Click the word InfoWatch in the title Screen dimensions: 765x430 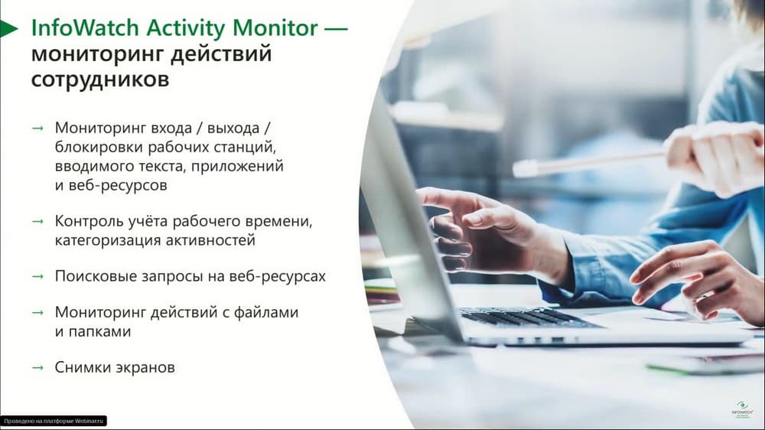[x=85, y=28]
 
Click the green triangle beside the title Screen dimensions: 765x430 [x=8, y=29]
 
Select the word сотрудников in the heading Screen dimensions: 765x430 [x=100, y=80]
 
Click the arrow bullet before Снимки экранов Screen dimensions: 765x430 [x=37, y=367]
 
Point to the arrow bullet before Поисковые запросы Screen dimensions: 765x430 [x=37, y=276]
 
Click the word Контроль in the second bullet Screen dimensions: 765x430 [x=90, y=221]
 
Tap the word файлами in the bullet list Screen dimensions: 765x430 [x=266, y=312]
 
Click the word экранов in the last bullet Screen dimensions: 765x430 [x=145, y=367]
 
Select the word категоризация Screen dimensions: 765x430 [x=108, y=240]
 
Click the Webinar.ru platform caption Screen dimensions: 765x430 [x=54, y=421]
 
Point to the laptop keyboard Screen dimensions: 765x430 [x=527, y=318]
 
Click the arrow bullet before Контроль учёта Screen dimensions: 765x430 [x=37, y=222]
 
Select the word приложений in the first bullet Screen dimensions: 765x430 [x=237, y=167]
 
